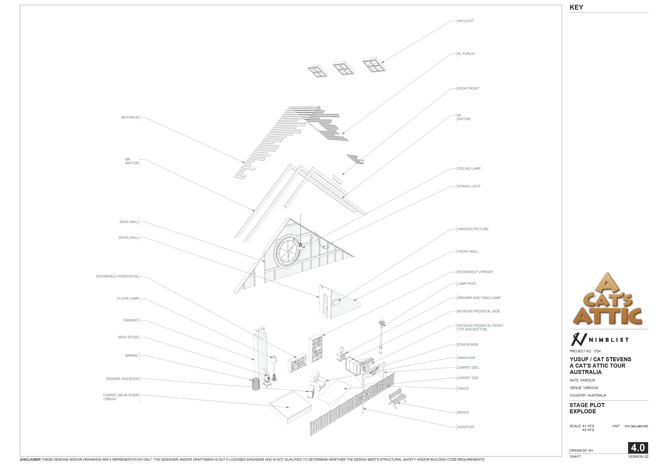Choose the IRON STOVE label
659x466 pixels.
coord(128,337)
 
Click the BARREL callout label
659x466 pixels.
coord(132,356)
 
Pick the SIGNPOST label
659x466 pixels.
coord(466,427)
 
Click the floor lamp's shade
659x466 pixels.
coord(273,359)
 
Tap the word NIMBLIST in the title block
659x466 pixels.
coord(609,340)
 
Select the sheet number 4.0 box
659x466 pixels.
coord(638,448)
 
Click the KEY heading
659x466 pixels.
coord(576,7)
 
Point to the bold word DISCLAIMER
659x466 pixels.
coord(30,460)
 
